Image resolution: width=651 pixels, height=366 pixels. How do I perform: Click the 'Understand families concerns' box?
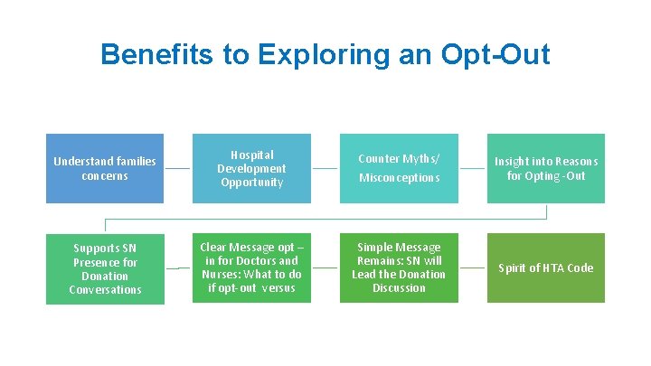105,168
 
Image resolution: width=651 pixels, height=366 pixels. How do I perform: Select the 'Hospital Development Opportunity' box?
251,168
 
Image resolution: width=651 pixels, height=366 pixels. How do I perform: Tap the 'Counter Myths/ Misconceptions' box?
399,168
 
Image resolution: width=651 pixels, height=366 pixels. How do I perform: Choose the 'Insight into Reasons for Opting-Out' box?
545,168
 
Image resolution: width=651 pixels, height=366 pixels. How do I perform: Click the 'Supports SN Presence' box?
105,268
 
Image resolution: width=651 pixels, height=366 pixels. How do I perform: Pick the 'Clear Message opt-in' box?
251,267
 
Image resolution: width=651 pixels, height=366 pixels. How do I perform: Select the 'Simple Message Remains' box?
399,267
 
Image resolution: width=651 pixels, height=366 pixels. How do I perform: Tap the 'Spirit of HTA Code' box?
545,267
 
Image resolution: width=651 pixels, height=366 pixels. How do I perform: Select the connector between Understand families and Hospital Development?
178,169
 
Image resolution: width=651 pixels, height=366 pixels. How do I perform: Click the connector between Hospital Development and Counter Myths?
325,169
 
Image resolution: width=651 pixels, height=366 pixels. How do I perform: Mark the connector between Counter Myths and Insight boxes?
472,169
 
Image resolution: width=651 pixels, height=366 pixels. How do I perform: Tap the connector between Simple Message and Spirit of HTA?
472,268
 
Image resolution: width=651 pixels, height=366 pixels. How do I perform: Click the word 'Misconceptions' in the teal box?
399,178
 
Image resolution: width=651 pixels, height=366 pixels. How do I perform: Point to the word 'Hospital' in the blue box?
251,155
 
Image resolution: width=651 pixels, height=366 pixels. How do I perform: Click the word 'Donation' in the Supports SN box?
105,276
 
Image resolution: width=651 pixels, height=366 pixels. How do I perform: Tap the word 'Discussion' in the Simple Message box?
399,288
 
